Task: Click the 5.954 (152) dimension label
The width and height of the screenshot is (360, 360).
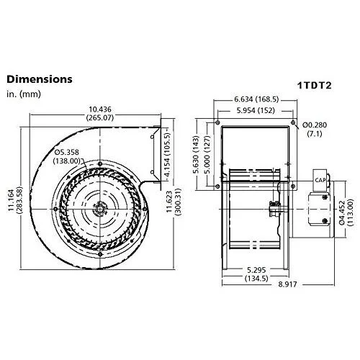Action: click(256, 110)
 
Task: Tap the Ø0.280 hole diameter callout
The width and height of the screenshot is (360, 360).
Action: click(315, 127)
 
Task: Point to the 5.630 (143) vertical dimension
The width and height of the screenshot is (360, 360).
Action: click(196, 153)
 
